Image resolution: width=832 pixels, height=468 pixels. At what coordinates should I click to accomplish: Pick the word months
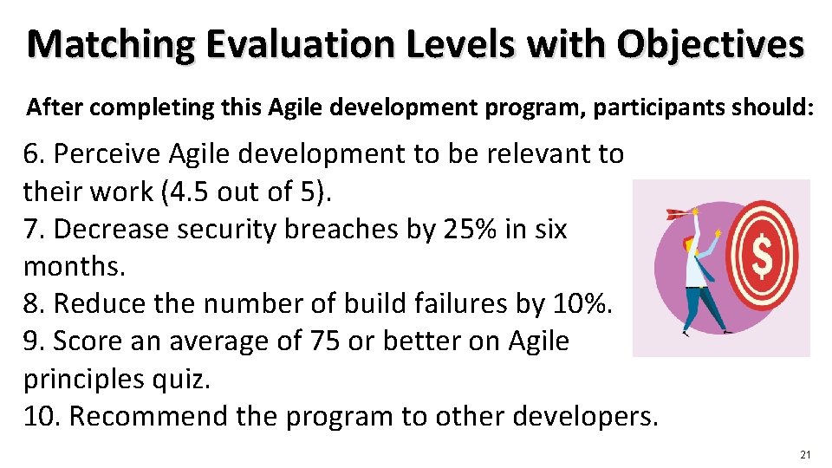pos(75,267)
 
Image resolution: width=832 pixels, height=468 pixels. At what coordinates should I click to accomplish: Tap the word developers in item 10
pos(585,416)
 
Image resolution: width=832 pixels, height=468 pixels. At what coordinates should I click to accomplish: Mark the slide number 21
pos(805,455)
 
